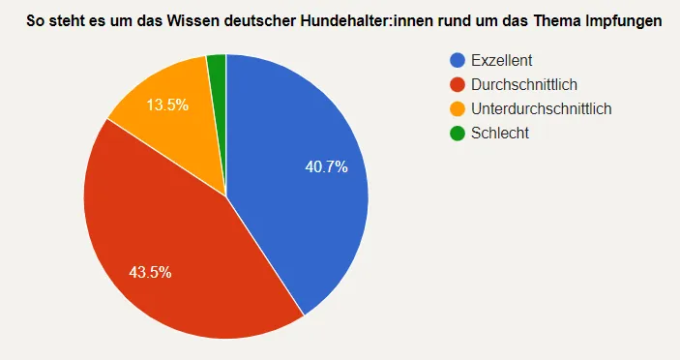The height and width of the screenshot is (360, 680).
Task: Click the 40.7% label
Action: point(326,167)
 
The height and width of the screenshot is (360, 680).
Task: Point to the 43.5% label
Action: point(150,272)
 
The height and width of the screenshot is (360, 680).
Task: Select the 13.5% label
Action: point(167,105)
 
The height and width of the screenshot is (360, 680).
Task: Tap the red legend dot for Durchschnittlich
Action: point(458,85)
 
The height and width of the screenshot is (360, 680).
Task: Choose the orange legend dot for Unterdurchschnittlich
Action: point(458,109)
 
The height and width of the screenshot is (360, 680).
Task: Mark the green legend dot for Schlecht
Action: point(458,133)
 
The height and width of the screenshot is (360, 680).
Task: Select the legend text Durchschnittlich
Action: point(523,85)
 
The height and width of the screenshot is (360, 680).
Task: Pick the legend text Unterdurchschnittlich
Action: point(541,109)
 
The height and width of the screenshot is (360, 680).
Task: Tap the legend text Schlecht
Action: point(499,133)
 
